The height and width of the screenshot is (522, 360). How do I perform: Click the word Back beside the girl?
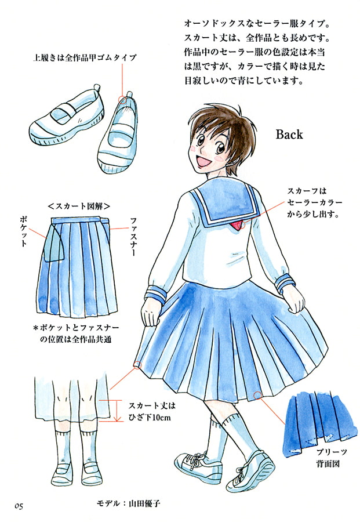click(x=289, y=134)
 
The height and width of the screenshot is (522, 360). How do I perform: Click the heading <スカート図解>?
click(x=79, y=206)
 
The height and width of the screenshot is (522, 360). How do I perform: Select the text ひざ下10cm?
click(x=149, y=418)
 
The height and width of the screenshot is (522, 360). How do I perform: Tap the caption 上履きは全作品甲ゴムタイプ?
click(x=85, y=57)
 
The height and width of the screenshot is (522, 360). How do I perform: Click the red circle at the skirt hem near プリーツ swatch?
click(x=257, y=396)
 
